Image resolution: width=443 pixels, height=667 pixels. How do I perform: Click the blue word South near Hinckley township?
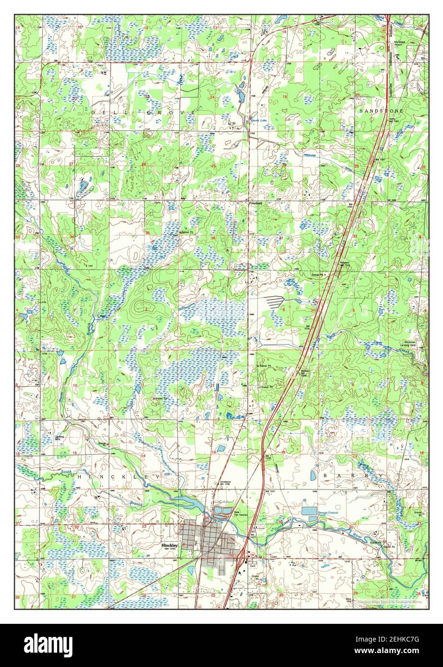[67, 473]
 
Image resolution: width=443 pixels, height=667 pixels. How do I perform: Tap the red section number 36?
[212, 238]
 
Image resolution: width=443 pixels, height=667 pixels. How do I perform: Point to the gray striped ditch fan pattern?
[276, 301]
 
